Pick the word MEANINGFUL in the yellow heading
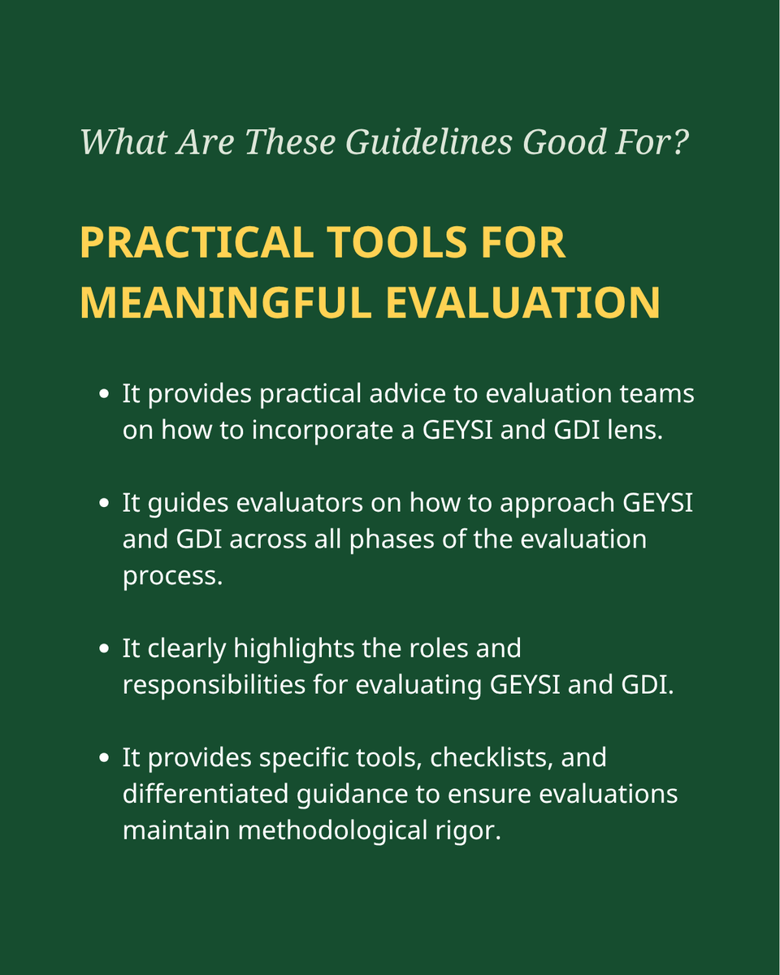[224, 302]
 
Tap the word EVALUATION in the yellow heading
[522, 302]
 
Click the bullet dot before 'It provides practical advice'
[103, 395]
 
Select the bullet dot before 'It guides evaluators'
[103, 504]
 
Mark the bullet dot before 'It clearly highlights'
[103, 649]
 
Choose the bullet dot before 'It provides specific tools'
[103, 758]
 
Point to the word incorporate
[329, 430]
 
